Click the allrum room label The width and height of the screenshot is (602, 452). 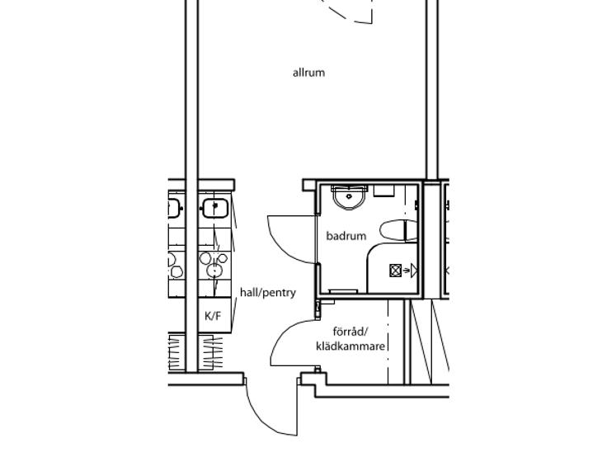click(x=308, y=73)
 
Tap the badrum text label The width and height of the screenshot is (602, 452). click(x=346, y=236)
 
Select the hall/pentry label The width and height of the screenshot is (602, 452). click(x=268, y=293)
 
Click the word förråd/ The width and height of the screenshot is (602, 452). click(x=350, y=331)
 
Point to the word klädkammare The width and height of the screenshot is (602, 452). click(x=350, y=346)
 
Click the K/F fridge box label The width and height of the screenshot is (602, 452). click(x=213, y=316)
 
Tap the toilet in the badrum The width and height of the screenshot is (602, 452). click(x=398, y=230)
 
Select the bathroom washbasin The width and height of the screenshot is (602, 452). click(x=349, y=198)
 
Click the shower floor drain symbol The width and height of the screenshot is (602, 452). click(x=395, y=271)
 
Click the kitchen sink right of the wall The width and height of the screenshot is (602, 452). click(x=215, y=208)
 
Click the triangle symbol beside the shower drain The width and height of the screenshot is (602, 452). click(x=414, y=271)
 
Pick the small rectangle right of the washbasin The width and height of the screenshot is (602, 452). click(x=384, y=191)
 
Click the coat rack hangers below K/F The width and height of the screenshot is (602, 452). click(x=210, y=352)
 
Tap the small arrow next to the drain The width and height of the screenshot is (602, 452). click(x=406, y=271)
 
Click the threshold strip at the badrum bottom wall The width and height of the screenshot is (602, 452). click(x=343, y=291)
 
